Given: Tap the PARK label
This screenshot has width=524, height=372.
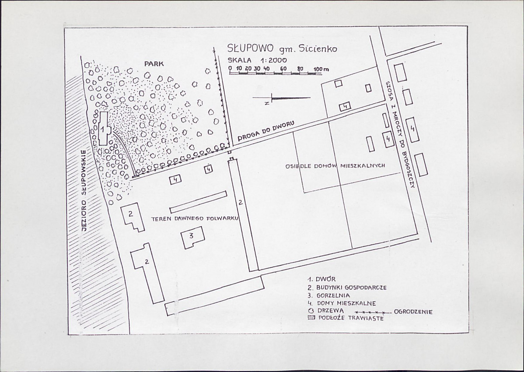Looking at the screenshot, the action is [154, 63].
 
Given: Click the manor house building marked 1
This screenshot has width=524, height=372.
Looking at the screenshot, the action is [103, 128].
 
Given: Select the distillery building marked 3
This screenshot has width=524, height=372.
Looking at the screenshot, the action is [192, 237].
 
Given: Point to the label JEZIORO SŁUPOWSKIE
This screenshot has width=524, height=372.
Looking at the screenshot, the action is [84, 191].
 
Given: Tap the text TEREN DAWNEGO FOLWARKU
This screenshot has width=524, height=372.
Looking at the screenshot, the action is [195, 219].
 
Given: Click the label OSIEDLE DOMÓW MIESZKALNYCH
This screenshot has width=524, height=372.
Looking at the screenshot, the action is [335, 166].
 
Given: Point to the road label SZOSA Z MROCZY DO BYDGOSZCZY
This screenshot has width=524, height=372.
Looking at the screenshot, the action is [400, 135].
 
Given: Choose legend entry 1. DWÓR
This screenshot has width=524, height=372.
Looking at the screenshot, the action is [321, 279].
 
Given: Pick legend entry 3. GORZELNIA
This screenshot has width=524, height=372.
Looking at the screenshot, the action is [328, 295].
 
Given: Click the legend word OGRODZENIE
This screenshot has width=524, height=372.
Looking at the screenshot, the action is [413, 312].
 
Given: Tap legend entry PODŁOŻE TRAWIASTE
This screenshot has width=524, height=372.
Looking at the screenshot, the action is [346, 318].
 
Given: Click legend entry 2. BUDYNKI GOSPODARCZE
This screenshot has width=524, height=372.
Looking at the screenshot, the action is [347, 287].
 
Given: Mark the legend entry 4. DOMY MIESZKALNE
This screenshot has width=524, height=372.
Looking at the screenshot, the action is [342, 303].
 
